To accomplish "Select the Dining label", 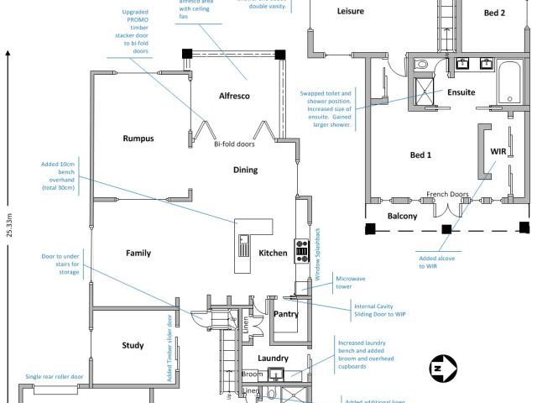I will click(x=245, y=170).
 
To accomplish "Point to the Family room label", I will click(x=138, y=253).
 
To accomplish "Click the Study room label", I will click(x=133, y=345).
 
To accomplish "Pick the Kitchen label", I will click(x=274, y=253).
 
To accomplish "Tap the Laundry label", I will click(x=274, y=359).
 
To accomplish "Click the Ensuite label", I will click(x=461, y=92).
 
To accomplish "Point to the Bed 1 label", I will click(x=420, y=155).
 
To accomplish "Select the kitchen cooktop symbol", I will click(x=302, y=248).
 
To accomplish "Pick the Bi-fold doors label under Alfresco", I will click(x=234, y=144).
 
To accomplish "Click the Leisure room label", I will click(x=350, y=12).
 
